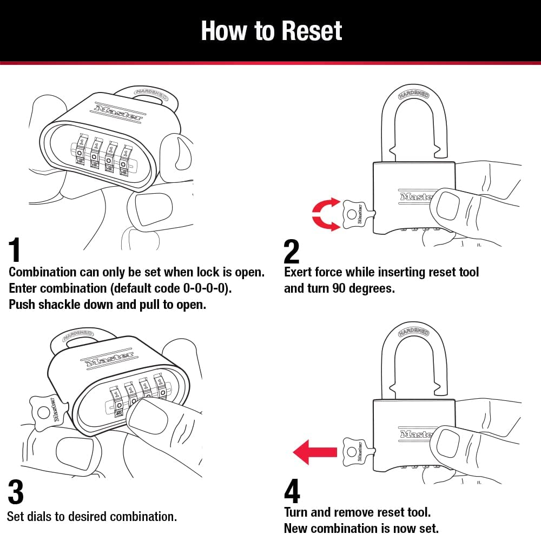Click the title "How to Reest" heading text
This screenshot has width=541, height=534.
271,31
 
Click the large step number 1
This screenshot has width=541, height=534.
15,250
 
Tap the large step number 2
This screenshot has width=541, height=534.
291,251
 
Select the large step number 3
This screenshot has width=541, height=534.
16,492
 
